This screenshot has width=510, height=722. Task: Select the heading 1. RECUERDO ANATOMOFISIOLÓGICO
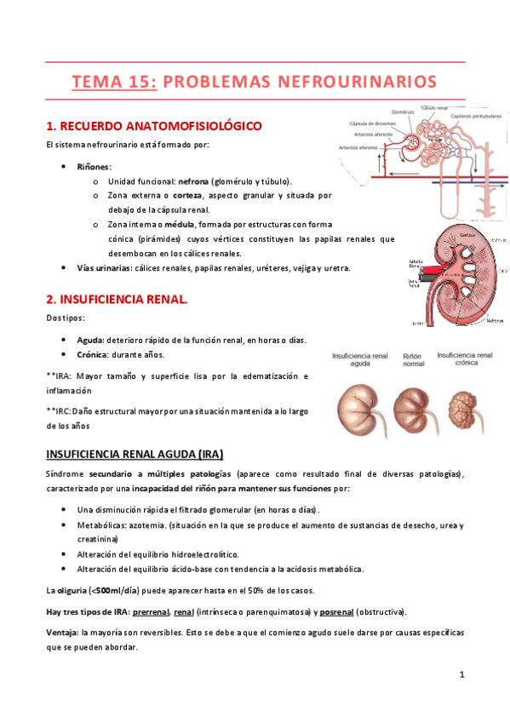[x=153, y=126]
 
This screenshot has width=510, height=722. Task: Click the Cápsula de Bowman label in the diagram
[x=375, y=123]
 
